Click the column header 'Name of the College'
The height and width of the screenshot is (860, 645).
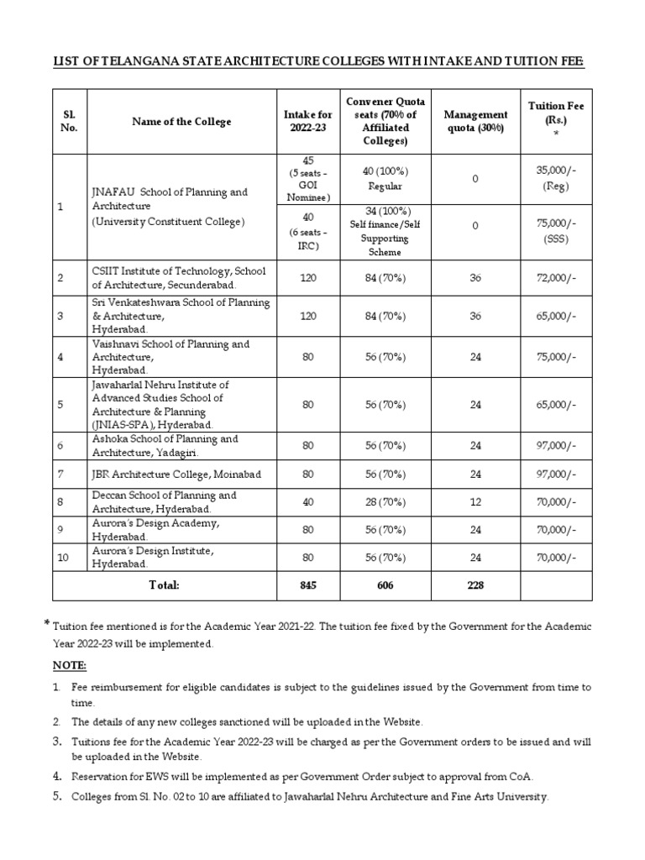click(181, 122)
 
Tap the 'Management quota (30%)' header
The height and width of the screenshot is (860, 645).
click(475, 121)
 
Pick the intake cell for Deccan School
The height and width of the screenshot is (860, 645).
click(307, 501)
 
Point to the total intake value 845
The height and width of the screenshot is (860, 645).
click(307, 585)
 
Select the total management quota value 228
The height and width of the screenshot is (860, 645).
click(475, 585)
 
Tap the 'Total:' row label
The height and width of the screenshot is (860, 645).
click(165, 585)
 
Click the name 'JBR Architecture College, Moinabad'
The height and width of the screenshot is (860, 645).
click(176, 475)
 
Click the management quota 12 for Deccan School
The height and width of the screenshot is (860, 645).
click(475, 501)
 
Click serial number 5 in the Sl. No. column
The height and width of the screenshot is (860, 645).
click(60, 404)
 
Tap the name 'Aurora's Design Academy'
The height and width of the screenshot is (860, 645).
click(155, 523)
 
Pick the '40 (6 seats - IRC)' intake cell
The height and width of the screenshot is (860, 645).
click(307, 231)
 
